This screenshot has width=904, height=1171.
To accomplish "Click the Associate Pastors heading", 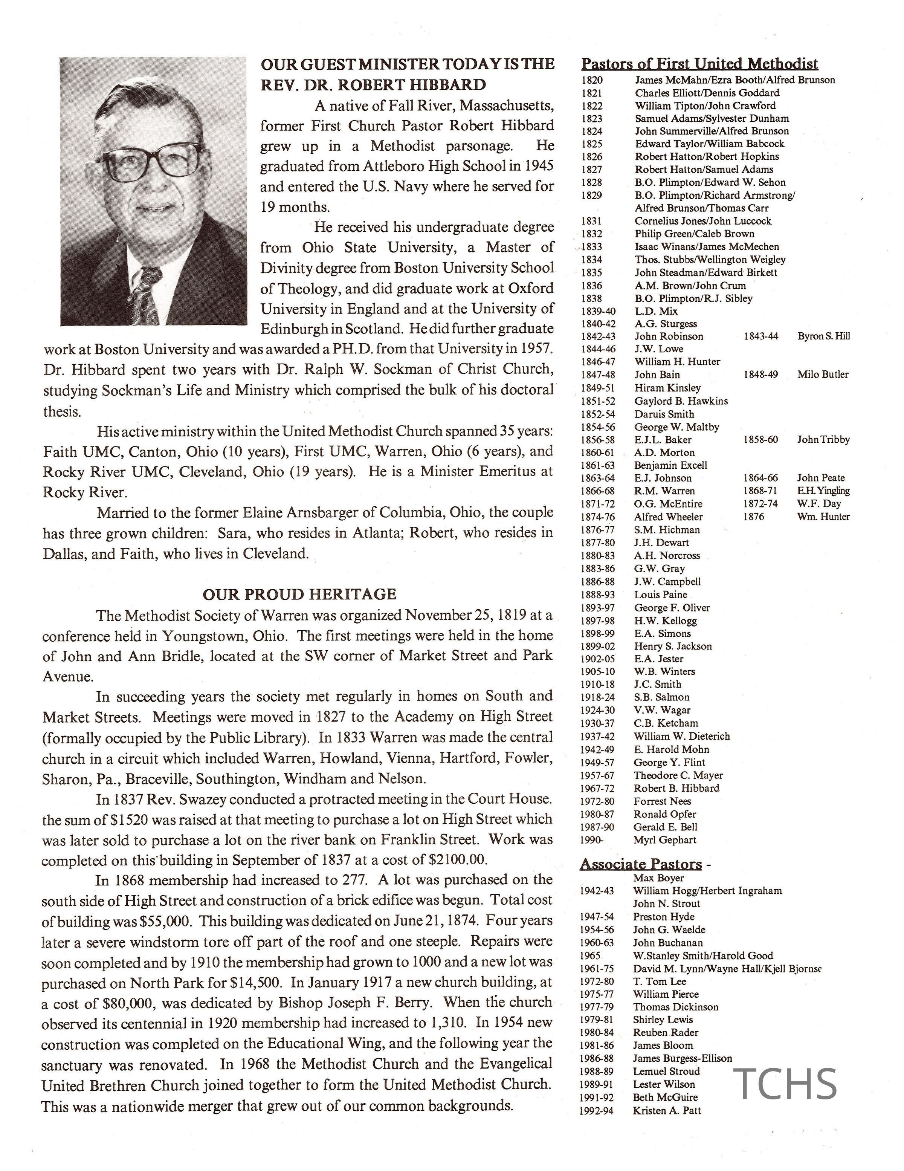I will pos(641,864).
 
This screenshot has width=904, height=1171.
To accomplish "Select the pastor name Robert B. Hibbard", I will pos(676,788).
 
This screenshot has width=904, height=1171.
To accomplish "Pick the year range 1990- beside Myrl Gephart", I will pos(591,840).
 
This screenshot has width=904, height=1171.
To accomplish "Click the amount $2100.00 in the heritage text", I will pos(458,860).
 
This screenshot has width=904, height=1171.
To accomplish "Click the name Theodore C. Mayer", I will pos(678,775).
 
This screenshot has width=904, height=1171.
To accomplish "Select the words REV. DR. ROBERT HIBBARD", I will pos(373,85).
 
